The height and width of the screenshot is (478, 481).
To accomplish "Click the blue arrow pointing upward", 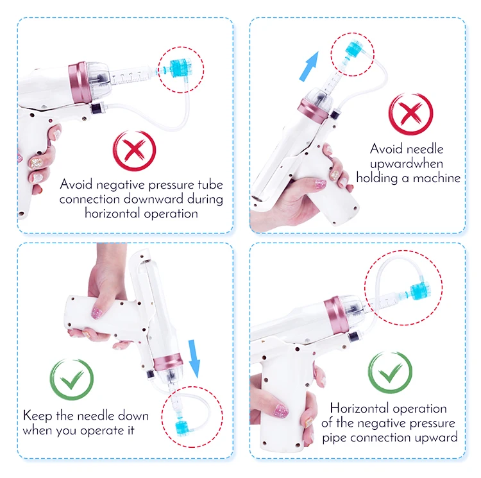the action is tap(310, 65).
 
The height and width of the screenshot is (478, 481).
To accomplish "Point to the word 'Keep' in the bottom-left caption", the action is tap(37, 416).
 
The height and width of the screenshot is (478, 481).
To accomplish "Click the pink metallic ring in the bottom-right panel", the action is tap(336, 315).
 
